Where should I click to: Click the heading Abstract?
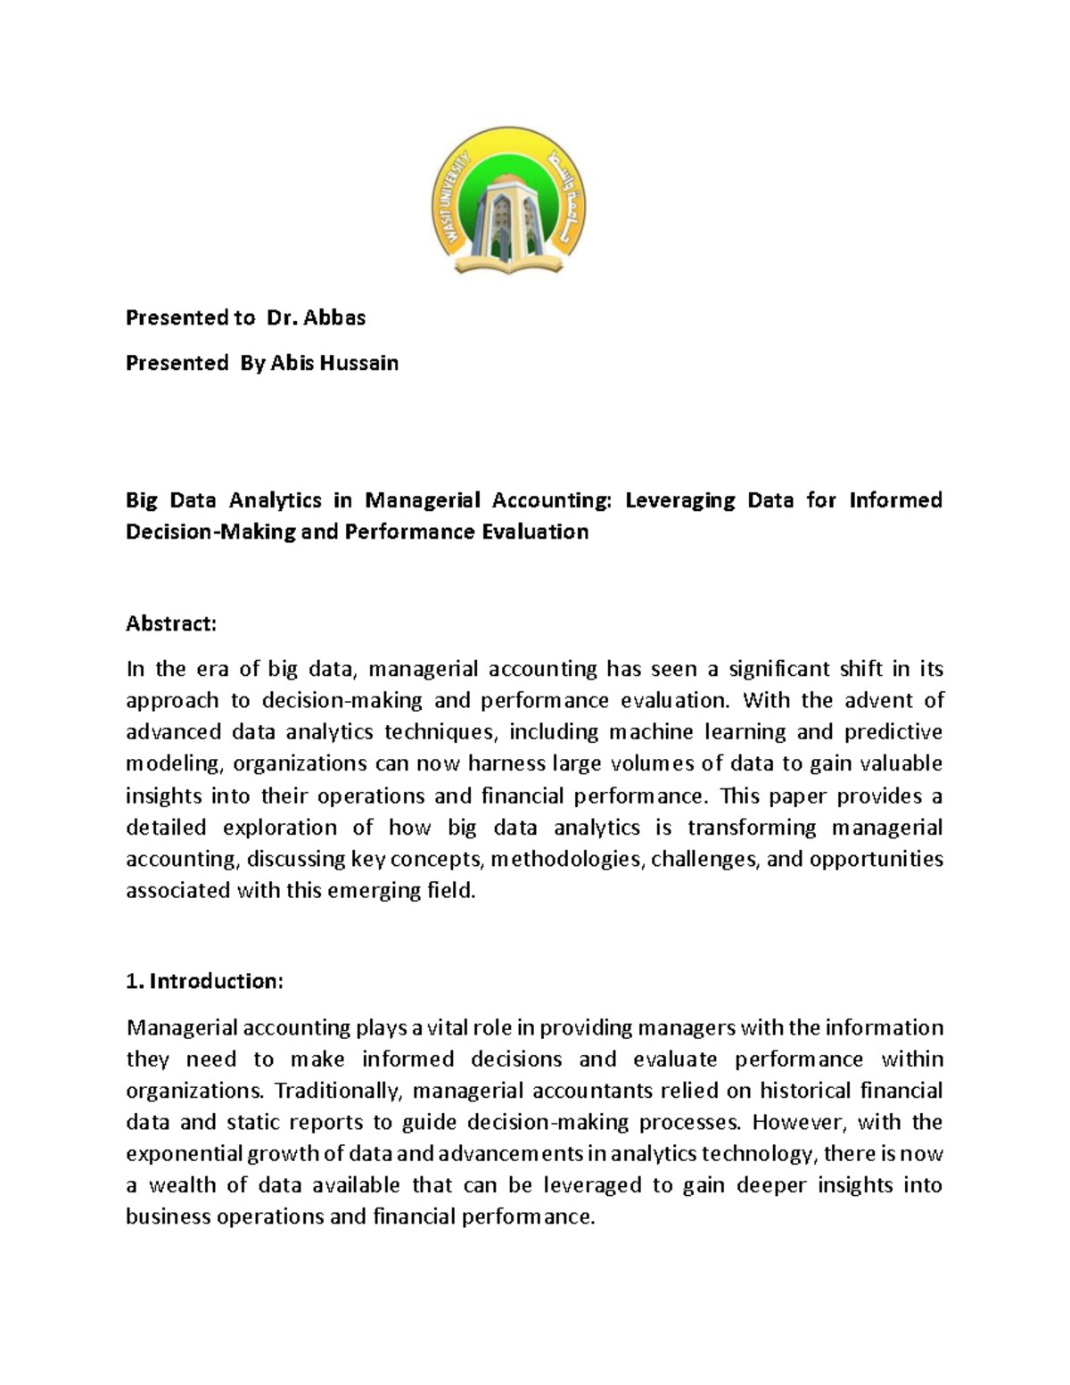click(171, 623)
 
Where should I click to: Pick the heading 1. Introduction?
click(205, 982)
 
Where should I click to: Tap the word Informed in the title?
click(895, 499)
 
